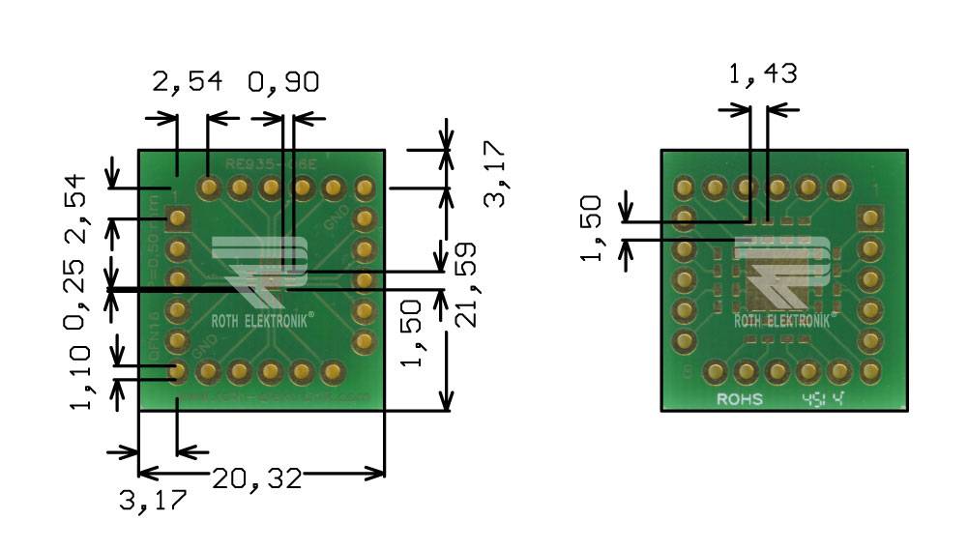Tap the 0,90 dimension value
tap(284, 82)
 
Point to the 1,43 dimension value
tap(762, 72)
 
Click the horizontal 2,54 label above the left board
tap(188, 82)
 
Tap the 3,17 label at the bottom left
tap(152, 501)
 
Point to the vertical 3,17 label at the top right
tap(493, 174)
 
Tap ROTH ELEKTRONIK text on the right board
tap(784, 321)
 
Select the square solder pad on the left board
tap(177, 218)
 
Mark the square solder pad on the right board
tap(870, 218)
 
